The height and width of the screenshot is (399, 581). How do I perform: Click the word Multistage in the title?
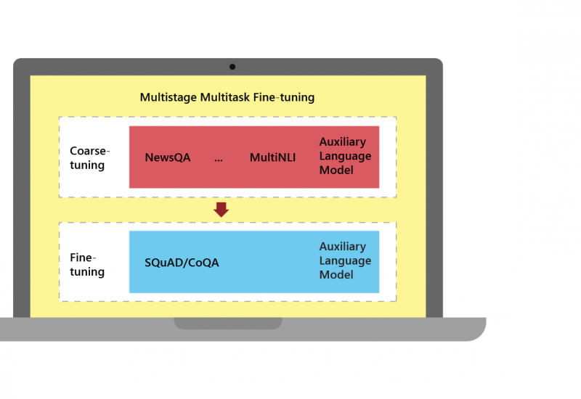tap(166, 97)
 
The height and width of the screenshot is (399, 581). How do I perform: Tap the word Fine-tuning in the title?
tap(284, 97)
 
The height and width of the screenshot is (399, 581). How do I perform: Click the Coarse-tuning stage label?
tap(89, 157)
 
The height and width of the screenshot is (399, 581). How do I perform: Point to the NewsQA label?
tap(168, 157)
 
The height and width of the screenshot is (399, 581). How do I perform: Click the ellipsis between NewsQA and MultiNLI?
tap(219, 157)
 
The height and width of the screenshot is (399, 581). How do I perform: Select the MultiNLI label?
tap(272, 157)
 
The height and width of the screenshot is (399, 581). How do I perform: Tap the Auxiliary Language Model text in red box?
tap(345, 156)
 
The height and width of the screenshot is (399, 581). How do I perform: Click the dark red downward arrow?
tap(222, 210)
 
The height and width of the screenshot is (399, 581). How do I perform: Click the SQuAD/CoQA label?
tap(182, 263)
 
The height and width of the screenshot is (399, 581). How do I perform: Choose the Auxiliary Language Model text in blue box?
tap(345, 261)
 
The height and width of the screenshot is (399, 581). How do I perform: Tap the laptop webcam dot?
tap(232, 67)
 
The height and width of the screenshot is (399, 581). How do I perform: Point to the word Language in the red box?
tap(345, 156)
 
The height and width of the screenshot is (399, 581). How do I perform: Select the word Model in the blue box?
tap(336, 275)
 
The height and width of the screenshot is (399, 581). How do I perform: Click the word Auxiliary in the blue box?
tap(343, 247)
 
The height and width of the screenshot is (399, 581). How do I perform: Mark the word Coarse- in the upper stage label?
tap(89, 151)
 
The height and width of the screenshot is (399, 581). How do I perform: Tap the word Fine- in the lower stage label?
tap(83, 258)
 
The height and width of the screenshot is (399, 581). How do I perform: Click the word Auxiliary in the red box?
tap(343, 142)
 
